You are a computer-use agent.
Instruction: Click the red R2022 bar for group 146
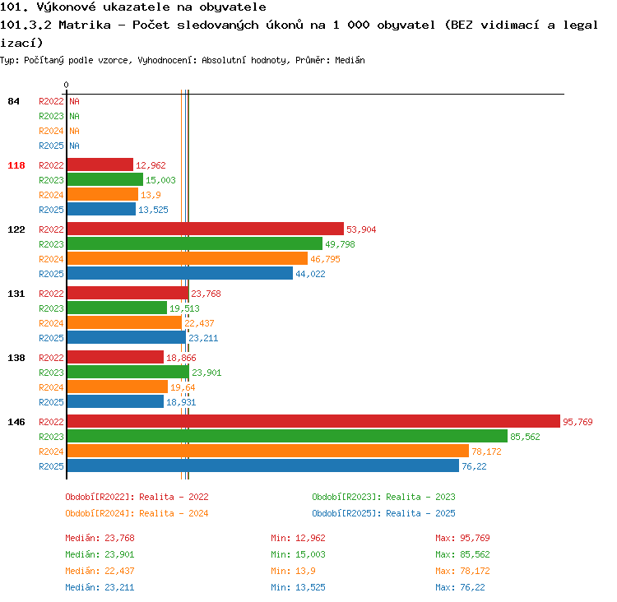313,421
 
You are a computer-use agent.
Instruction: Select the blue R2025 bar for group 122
180,273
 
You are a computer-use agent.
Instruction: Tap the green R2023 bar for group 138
128,372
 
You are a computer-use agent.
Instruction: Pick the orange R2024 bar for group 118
103,194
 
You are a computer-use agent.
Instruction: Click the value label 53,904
361,229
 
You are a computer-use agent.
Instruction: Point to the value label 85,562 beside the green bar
525,437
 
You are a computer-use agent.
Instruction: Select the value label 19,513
184,308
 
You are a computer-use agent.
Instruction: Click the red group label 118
16,165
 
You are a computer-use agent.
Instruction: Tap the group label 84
13,101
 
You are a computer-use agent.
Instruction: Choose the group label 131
16,294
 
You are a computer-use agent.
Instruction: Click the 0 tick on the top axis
66,85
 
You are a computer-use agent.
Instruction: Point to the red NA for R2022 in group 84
74,101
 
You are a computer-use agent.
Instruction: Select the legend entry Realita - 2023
420,497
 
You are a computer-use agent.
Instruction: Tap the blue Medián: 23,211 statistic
100,587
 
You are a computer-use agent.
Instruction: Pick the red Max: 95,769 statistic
462,538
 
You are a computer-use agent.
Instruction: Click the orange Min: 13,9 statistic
293,571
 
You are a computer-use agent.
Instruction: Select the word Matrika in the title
85,25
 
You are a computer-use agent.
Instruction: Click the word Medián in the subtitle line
350,60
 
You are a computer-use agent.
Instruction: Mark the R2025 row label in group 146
51,466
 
